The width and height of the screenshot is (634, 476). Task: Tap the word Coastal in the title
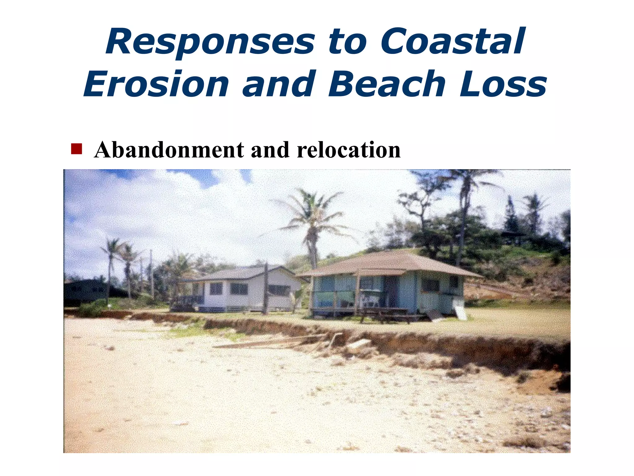coord(452,42)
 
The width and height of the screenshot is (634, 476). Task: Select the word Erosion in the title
coord(156,84)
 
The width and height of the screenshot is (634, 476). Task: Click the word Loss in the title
coord(503,84)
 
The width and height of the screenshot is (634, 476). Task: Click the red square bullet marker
coord(76,149)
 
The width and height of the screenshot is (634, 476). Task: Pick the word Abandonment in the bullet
coord(169,150)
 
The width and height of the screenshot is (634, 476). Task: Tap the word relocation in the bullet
coord(349,150)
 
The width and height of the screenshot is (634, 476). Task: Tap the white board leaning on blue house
coord(460,310)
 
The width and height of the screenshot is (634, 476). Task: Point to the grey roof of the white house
coord(238,273)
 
